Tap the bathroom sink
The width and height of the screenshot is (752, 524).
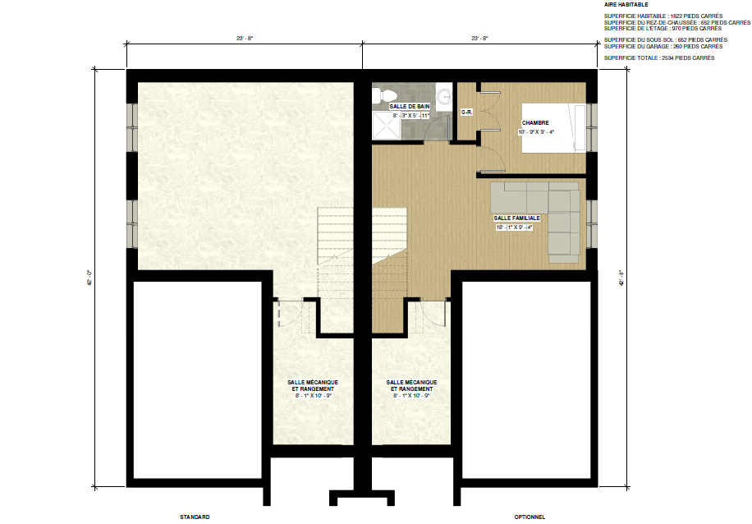coord(444,96)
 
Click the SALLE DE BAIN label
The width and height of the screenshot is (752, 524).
coord(410,106)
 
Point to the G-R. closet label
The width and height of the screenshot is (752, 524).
coord(466,112)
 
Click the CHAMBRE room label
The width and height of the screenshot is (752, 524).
coord(535,122)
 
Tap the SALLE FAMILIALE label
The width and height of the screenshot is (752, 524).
coord(516,218)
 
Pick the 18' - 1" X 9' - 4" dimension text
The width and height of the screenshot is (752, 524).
coord(516,228)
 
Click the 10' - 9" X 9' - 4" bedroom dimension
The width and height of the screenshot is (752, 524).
coord(536,131)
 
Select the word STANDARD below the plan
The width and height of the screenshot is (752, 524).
coord(195,517)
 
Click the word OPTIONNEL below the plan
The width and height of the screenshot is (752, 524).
coord(530,517)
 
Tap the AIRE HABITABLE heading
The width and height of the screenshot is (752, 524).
coord(626,5)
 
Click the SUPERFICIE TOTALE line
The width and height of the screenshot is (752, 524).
coord(658,58)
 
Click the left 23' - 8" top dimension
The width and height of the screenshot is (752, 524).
coord(244,38)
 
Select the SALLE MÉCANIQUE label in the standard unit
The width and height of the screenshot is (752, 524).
coord(313,385)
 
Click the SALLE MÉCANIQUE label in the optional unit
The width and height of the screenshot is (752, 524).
coord(411,385)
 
